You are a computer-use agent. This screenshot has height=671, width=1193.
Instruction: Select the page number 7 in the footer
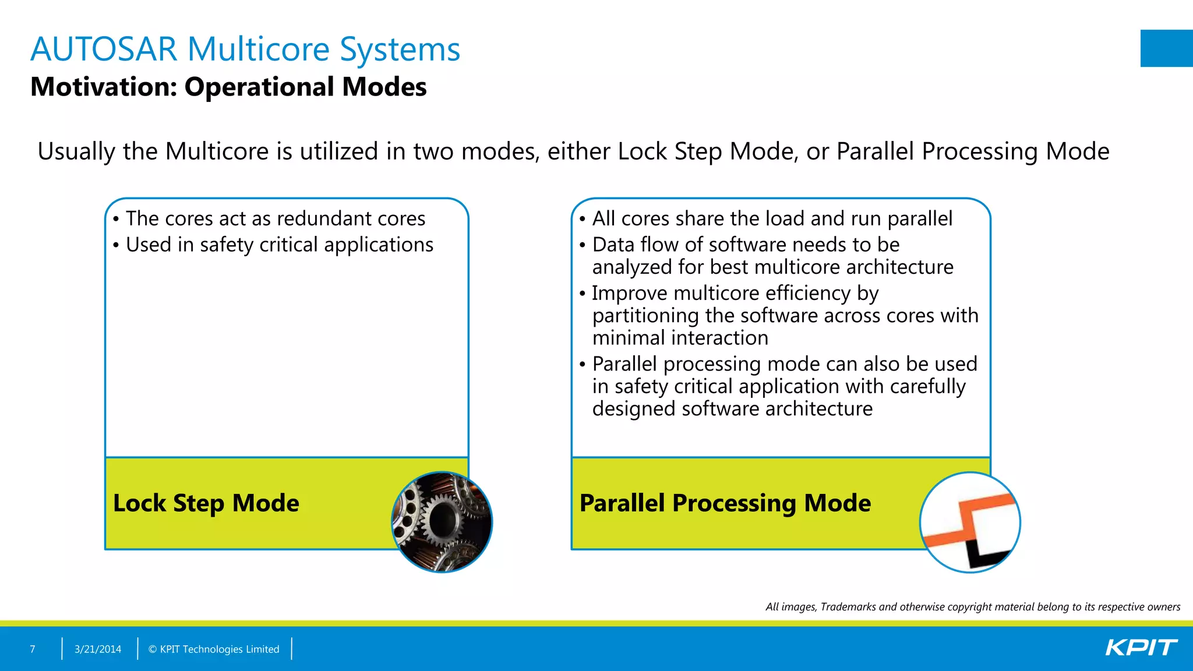click(x=33, y=649)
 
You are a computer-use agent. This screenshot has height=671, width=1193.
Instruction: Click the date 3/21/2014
click(x=98, y=649)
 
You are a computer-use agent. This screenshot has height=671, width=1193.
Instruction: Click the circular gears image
click(x=442, y=522)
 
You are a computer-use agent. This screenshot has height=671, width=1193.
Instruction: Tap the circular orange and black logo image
click(x=970, y=522)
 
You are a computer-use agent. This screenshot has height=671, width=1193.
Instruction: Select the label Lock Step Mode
click(x=206, y=503)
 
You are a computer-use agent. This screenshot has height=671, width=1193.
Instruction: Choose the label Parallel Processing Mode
click(x=725, y=503)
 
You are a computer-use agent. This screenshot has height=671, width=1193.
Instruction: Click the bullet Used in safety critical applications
click(x=279, y=245)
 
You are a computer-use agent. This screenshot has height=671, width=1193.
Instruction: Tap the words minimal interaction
click(x=680, y=338)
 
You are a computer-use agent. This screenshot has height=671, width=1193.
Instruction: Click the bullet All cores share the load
click(x=772, y=218)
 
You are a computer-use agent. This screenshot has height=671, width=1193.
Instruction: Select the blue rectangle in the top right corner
click(x=1166, y=48)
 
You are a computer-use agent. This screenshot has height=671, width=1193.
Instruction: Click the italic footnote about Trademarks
click(x=972, y=607)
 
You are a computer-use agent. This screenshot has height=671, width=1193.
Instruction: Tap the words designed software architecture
click(x=732, y=409)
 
